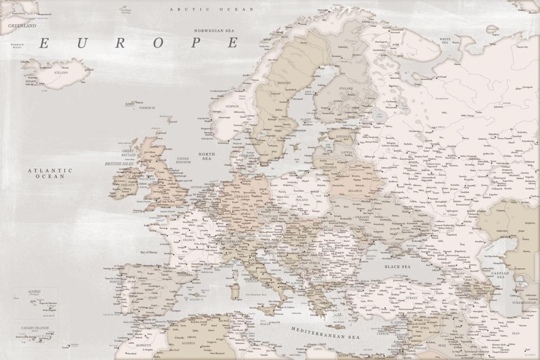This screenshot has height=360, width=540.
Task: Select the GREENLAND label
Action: pyautogui.click(x=22, y=25)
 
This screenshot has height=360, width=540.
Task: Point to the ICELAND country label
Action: pyautogui.click(x=61, y=72)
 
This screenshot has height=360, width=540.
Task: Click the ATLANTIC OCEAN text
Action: pyautogui.click(x=50, y=173)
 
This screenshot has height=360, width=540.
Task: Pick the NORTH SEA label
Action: pyautogui.click(x=206, y=157)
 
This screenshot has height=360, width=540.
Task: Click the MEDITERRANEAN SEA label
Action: pyautogui.click(x=325, y=332)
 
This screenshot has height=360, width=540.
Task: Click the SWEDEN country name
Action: pyautogui.click(x=284, y=83)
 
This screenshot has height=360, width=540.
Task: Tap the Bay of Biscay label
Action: pyautogui.click(x=152, y=252)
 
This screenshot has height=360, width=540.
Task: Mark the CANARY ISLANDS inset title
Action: pyautogui.click(x=35, y=328)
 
